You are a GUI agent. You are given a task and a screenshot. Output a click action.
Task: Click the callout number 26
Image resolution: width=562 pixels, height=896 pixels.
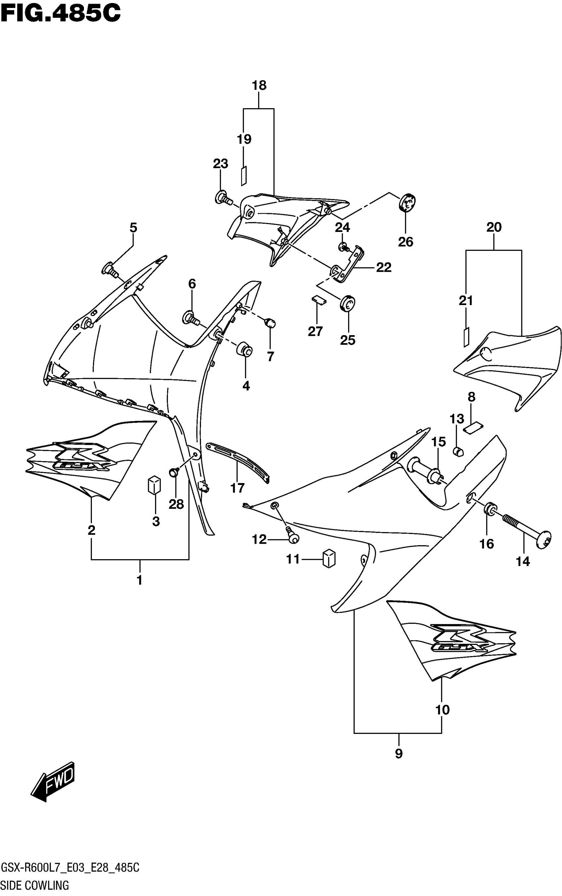pyautogui.click(x=406, y=242)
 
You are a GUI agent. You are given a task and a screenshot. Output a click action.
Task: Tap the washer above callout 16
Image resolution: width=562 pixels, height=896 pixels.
pyautogui.click(x=490, y=509)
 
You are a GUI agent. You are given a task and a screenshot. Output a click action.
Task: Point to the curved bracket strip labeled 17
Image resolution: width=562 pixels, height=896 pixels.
pyautogui.click(x=238, y=461)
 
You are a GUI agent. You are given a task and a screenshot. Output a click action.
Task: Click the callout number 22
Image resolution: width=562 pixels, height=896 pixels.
pyautogui.click(x=383, y=267)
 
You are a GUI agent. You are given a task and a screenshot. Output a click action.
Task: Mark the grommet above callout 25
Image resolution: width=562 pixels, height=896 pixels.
pyautogui.click(x=348, y=303)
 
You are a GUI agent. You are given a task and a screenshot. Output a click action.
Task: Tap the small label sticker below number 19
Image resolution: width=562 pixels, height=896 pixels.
pyautogui.click(x=244, y=176)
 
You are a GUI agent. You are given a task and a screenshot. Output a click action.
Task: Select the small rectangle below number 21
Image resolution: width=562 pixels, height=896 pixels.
pyautogui.click(x=466, y=337)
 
